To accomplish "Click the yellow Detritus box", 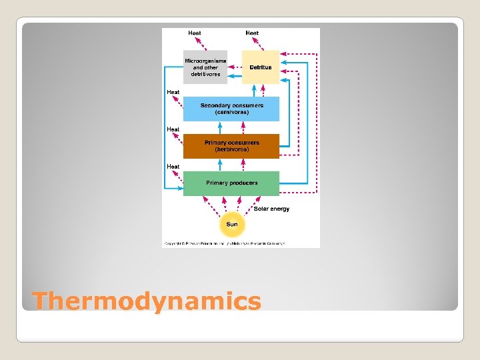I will (x=261, y=67).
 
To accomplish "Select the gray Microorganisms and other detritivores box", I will (x=205, y=67).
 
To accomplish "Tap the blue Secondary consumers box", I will (x=231, y=109).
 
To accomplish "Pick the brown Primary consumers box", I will (x=231, y=146).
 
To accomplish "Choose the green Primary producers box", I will (x=231, y=183).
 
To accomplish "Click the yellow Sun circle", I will (x=231, y=224).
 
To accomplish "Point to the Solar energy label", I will (x=271, y=209).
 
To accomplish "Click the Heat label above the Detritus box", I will (x=252, y=33).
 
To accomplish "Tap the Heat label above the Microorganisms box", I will (x=195, y=33).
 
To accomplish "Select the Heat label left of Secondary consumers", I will (x=173, y=91).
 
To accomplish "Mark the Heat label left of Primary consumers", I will (x=173, y=129).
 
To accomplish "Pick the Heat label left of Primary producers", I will (x=173, y=166).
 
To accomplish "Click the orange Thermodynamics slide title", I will (x=147, y=301).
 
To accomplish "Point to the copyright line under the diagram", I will (x=224, y=244).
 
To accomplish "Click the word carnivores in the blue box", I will (x=232, y=113).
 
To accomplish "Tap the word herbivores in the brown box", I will (x=232, y=150).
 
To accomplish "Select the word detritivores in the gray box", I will (x=205, y=74).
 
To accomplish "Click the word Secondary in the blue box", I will (x=215, y=105).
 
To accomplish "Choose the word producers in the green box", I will (x=244, y=183).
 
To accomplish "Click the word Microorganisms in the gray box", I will (x=205, y=60).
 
